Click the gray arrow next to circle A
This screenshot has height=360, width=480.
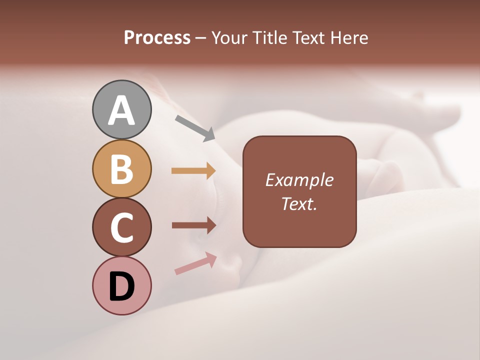pyautogui.click(x=195, y=127)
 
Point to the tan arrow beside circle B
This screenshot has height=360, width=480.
pyautogui.click(x=193, y=170)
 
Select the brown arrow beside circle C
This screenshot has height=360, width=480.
pyautogui.click(x=193, y=225)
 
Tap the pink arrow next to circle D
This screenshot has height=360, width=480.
pyautogui.click(x=195, y=263)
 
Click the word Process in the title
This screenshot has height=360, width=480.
pyautogui.click(x=157, y=38)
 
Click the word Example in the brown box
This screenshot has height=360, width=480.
pyautogui.click(x=299, y=180)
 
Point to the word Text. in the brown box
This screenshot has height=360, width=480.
pyautogui.click(x=299, y=203)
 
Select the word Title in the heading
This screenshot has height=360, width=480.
pyautogui.click(x=269, y=38)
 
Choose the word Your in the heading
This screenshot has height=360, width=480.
pyautogui.click(x=230, y=38)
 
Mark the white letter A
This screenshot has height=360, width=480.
pyautogui.click(x=121, y=110)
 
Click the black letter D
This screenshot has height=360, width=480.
pyautogui.click(x=121, y=287)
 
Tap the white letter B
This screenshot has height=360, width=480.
pyautogui.click(x=121, y=169)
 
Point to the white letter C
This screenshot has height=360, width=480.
pyautogui.click(x=121, y=228)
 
